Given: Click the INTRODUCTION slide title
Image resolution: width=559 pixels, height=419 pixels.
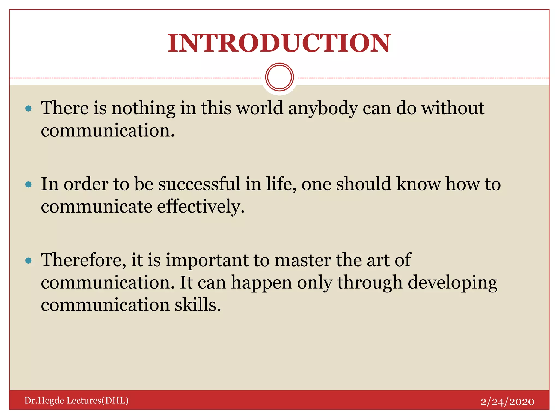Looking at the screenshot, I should (279, 43).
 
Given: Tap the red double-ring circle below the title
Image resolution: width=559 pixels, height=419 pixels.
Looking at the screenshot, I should (279, 77).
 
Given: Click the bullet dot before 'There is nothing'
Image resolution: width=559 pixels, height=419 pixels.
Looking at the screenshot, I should (28, 109).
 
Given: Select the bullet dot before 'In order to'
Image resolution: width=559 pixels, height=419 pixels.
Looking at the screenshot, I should (28, 185).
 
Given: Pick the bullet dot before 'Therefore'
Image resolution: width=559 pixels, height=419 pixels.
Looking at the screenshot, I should (28, 261).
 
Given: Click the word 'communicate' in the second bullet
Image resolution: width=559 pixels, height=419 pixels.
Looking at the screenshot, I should (97, 206).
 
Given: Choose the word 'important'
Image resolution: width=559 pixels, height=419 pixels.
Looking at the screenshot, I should (207, 261).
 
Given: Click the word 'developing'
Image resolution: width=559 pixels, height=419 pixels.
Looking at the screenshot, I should (452, 283).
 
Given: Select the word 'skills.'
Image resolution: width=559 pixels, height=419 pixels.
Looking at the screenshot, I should (198, 305).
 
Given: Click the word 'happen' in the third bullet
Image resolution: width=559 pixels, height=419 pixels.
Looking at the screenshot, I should (261, 283).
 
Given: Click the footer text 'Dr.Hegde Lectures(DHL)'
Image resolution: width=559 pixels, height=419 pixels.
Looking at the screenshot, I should (76, 400).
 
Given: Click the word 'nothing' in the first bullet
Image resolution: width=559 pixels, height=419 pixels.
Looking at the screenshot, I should (143, 108).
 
